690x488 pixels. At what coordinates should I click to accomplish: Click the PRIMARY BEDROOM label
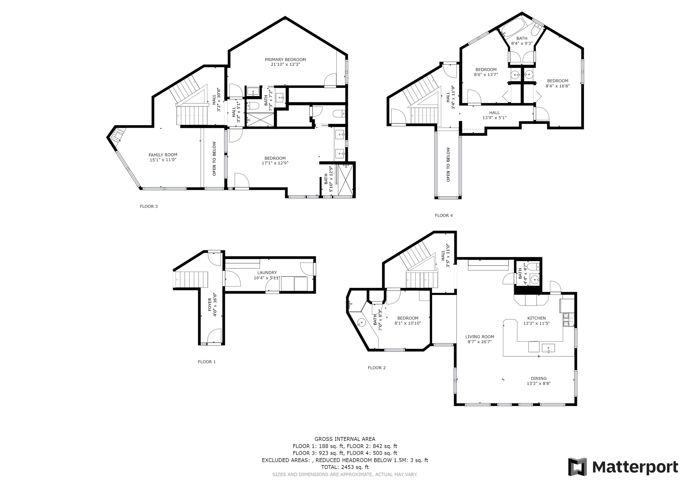click(x=285, y=59)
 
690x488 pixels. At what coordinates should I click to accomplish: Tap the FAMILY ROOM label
click(x=163, y=155)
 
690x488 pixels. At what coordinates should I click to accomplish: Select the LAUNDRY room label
click(x=267, y=273)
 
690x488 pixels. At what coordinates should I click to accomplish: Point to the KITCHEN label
click(x=536, y=318)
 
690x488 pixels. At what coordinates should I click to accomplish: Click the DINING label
click(x=539, y=379)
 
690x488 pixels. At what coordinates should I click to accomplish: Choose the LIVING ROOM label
click(x=480, y=337)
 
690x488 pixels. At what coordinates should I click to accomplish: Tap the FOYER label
click(x=210, y=304)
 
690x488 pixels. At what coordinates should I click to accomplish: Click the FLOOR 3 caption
click(x=149, y=206)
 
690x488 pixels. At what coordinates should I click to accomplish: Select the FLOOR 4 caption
click(x=444, y=215)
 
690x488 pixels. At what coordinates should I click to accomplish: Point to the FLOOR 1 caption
click(x=207, y=362)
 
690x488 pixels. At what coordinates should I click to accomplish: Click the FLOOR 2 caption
click(x=377, y=368)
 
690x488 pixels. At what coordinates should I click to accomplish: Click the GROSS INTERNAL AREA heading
click(x=345, y=439)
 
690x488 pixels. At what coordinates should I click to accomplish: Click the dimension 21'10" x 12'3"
click(x=285, y=64)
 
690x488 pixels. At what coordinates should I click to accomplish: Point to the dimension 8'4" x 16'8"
click(x=558, y=86)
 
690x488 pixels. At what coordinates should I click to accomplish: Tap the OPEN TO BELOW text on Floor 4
click(x=448, y=164)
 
